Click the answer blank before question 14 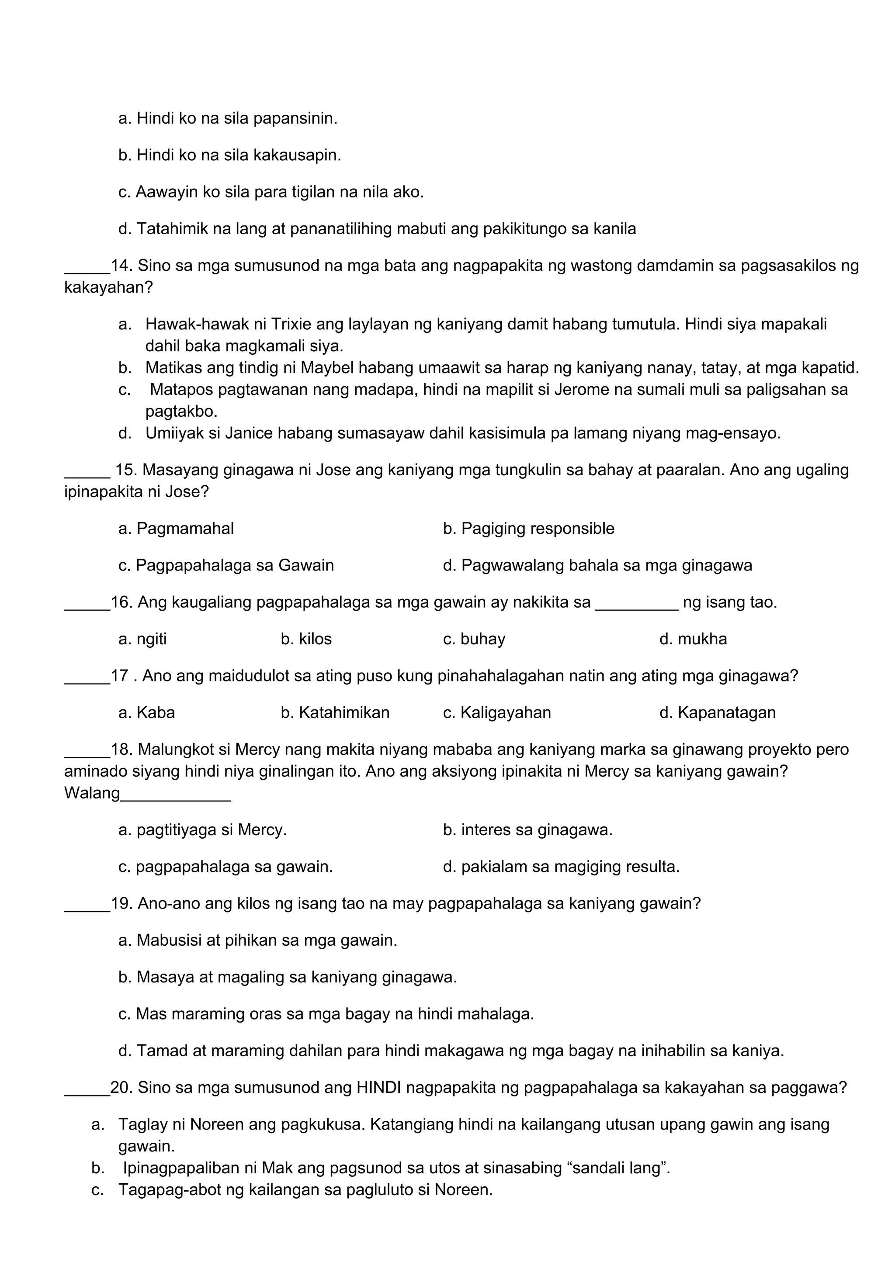[x=87, y=272]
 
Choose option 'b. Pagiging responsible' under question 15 [x=528, y=529]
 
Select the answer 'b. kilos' [x=306, y=639]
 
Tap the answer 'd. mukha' [x=693, y=639]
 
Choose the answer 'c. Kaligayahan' [x=496, y=713]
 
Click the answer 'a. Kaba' [x=146, y=713]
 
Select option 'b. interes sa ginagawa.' [x=527, y=830]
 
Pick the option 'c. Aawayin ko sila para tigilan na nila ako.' [x=271, y=192]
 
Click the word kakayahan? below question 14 [x=108, y=287]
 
